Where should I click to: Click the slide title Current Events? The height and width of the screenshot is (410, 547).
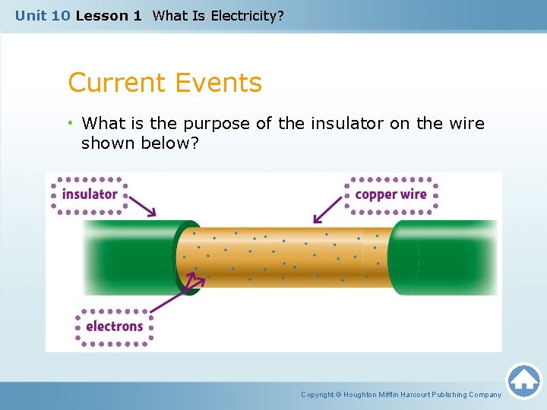(165, 83)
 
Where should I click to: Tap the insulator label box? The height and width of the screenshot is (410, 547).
(90, 194)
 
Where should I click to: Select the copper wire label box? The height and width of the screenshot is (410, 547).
(391, 194)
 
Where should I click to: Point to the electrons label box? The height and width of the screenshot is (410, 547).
(114, 326)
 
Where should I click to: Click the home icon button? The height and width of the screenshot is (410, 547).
(523, 380)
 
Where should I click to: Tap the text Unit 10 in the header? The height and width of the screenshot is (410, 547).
(43, 15)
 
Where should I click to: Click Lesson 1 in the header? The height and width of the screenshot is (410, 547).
(109, 15)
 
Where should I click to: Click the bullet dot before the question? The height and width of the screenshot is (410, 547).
(71, 124)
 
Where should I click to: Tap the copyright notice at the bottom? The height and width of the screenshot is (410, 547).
(401, 394)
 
